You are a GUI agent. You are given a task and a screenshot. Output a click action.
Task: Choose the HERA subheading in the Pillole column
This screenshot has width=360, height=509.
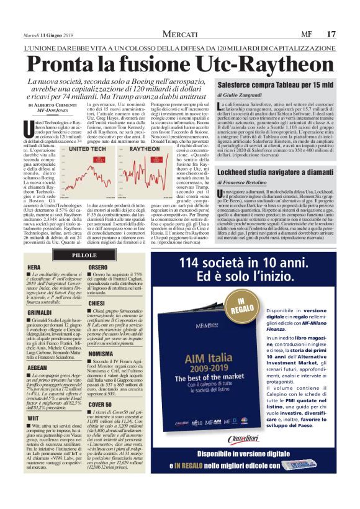[34, 268]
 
